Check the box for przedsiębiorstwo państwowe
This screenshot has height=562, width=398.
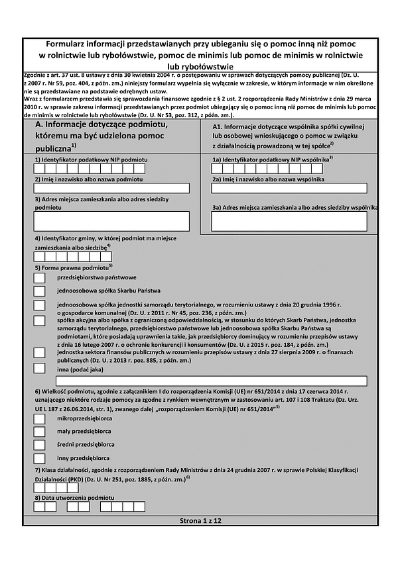[x=39, y=278]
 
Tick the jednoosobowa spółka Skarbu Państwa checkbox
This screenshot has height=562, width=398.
[x=39, y=291]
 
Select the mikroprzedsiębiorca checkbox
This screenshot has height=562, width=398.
[x=39, y=420]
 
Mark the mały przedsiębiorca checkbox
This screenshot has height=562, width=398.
[x=39, y=432]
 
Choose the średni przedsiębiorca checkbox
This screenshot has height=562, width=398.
[x=39, y=445]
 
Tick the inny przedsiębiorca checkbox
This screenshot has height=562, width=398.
[x=39, y=457]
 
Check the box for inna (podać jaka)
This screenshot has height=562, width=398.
[x=39, y=369]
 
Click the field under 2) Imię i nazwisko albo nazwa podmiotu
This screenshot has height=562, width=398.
[x=111, y=188]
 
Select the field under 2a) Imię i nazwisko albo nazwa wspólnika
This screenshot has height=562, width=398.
[x=289, y=188]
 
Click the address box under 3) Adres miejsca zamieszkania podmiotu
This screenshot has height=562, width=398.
[x=111, y=220]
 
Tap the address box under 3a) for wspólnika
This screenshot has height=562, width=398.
[x=289, y=221]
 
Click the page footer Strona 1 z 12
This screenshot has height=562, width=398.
[x=200, y=522]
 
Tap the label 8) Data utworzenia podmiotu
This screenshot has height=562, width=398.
[x=74, y=496]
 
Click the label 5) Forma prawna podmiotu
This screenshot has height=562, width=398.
[x=72, y=267]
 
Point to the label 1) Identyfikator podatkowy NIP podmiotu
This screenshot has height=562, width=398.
[x=91, y=160]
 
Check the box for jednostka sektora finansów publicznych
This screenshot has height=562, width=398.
[x=39, y=354]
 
